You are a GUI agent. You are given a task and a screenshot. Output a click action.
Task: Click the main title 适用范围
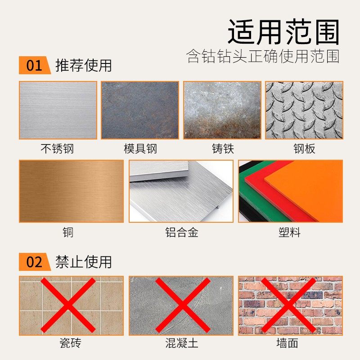283,32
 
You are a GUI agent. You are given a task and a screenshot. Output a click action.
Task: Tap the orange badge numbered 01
34,66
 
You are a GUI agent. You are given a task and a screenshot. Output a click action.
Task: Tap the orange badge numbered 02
34,262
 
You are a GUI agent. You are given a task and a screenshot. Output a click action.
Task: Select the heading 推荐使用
83,66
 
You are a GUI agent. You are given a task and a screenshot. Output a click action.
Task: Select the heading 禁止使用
83,261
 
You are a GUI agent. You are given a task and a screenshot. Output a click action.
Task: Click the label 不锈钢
57,148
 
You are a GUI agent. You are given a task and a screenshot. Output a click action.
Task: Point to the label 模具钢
140,148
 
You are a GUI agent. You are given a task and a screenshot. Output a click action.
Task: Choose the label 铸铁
223,148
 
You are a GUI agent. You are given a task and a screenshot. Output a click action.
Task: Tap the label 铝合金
181,233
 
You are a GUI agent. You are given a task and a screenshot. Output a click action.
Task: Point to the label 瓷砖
71,344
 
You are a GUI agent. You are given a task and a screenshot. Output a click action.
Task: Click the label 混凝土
181,344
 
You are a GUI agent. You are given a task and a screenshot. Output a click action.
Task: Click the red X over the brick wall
290,305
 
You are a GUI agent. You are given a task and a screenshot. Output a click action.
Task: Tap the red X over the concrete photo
181,305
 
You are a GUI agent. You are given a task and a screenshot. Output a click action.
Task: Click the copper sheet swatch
71,191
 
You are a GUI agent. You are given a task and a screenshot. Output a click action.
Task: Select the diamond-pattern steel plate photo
304,110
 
